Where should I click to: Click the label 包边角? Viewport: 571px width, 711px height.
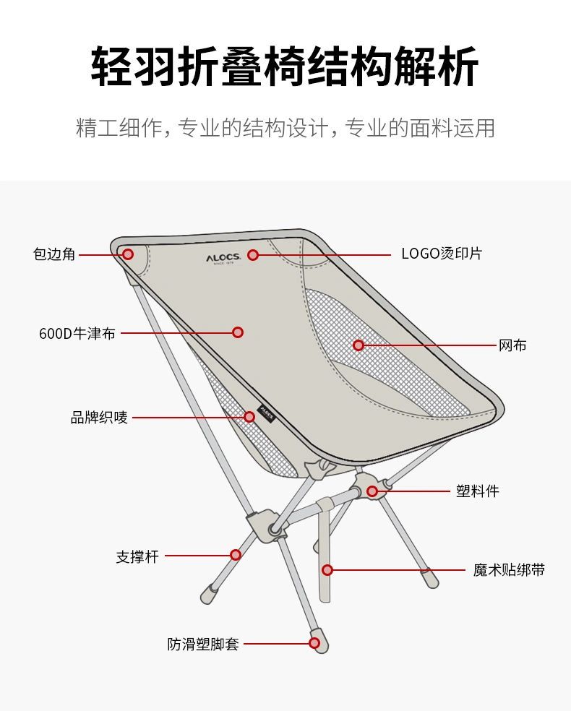coord(54,254)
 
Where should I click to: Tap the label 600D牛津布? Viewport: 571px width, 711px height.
coord(77,333)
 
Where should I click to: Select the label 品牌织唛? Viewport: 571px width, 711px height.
coord(99,418)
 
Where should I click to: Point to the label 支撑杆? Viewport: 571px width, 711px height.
coord(137,556)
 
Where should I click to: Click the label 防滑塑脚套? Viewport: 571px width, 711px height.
coord(202,644)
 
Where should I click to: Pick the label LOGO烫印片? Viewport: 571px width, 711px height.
coord(442,254)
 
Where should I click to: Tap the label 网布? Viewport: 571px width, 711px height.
coord(512,345)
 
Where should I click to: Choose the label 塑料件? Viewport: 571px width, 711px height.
coord(477,491)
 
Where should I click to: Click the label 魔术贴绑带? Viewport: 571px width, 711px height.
coord(509,570)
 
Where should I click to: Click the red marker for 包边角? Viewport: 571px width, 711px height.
coord(128,254)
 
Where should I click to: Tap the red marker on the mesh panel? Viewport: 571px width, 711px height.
coord(359,345)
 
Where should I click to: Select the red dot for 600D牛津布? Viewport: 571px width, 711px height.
coord(238,332)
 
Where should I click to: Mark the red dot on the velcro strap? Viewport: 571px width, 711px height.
coord(327,570)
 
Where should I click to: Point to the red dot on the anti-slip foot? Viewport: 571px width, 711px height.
coord(314,642)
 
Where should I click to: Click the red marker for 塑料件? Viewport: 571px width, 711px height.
coord(372,491)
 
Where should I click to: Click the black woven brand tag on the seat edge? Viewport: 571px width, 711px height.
coord(266,413)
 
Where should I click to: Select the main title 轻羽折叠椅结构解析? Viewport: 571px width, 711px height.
coord(285,67)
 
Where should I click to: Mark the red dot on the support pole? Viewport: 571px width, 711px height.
coord(235,555)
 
